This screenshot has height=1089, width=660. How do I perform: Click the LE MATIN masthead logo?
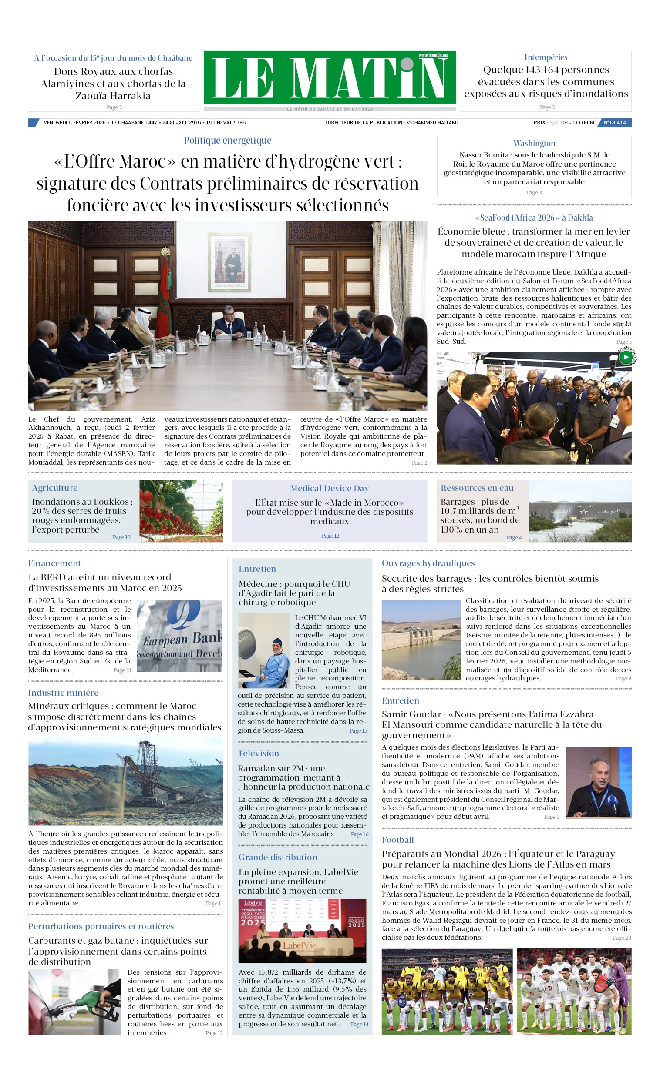[330, 78]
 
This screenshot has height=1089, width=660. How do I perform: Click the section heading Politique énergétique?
[227, 140]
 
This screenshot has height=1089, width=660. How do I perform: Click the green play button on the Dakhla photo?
[625, 356]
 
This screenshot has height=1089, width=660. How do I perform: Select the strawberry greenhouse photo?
[181, 511]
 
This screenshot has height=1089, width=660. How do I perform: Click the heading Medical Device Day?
[329, 488]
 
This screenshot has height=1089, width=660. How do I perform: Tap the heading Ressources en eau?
[477, 487]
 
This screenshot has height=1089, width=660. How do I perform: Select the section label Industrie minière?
[63, 693]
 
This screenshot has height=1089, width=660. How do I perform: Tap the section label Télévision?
[258, 753]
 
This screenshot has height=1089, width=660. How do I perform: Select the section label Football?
[397, 840]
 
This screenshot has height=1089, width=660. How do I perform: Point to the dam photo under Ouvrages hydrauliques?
[421, 640]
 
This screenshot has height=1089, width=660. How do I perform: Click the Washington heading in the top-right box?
[534, 143]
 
